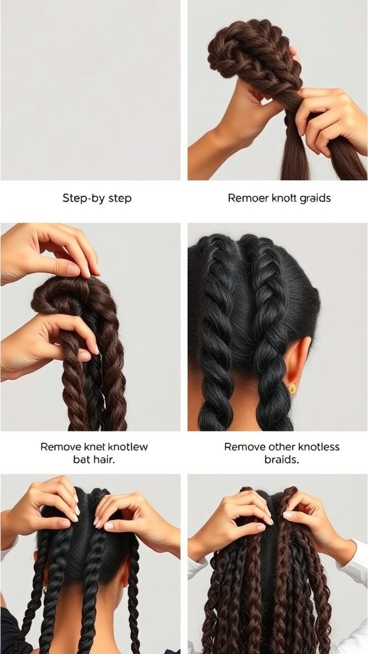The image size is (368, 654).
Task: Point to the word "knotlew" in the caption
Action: coord(128,447)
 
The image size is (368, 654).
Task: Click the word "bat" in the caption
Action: coord(82,460)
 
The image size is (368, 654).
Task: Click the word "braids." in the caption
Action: coord(281,460)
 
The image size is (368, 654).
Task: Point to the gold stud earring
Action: coord(292,388)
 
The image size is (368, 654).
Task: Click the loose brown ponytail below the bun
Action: coord(295,156)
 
